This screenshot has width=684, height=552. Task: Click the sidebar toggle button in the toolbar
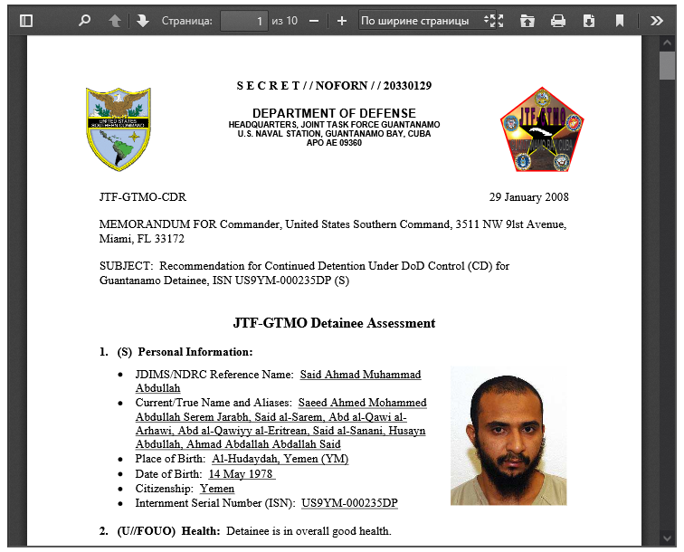pyautogui.click(x=25, y=20)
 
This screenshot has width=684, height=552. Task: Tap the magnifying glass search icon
pyautogui.click(x=84, y=20)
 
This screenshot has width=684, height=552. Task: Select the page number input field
pyautogui.click(x=244, y=20)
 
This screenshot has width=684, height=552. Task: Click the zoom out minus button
pyautogui.click(x=314, y=20)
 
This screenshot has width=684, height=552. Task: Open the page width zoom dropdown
pyautogui.click(x=422, y=20)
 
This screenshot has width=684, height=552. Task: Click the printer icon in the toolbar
pyautogui.click(x=558, y=20)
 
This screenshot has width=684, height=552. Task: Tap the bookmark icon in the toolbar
pyautogui.click(x=620, y=20)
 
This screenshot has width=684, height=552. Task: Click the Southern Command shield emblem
pyautogui.click(x=119, y=128)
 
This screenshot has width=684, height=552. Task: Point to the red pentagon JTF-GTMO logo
pyautogui.click(x=542, y=130)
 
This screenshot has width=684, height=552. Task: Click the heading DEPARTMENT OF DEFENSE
pyautogui.click(x=334, y=112)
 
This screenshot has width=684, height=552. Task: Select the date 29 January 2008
pyautogui.click(x=529, y=197)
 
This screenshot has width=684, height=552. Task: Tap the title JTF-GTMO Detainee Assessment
pyautogui.click(x=334, y=323)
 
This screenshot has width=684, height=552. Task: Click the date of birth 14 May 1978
pyautogui.click(x=242, y=473)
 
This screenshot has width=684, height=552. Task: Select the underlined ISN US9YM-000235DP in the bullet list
pyautogui.click(x=349, y=503)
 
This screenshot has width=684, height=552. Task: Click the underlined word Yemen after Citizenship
pyautogui.click(x=217, y=489)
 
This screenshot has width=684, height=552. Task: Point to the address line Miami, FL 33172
pyautogui.click(x=142, y=239)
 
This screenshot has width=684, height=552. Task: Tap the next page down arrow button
pyautogui.click(x=143, y=20)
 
